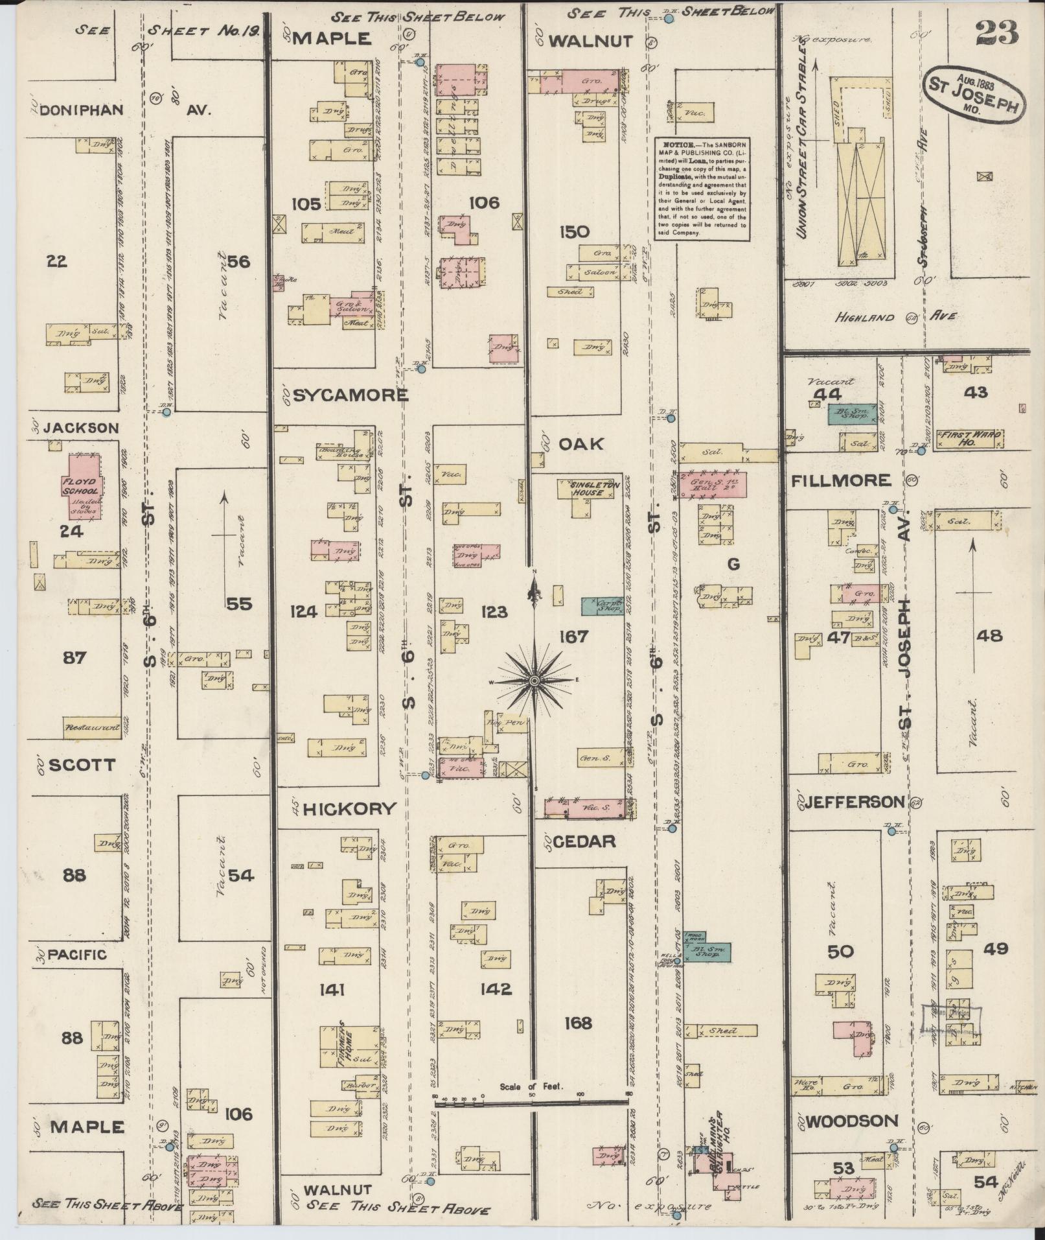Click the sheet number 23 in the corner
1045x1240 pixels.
(996, 32)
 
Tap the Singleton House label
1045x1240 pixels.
(587, 488)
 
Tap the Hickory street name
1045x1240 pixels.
(349, 808)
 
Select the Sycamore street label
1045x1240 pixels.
(350, 395)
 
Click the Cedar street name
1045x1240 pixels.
(583, 841)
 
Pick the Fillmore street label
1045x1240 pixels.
(840, 480)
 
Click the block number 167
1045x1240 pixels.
(574, 637)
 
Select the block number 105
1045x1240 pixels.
(306, 204)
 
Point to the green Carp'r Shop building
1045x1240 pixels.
(602, 605)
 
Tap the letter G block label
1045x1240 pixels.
(733, 564)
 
